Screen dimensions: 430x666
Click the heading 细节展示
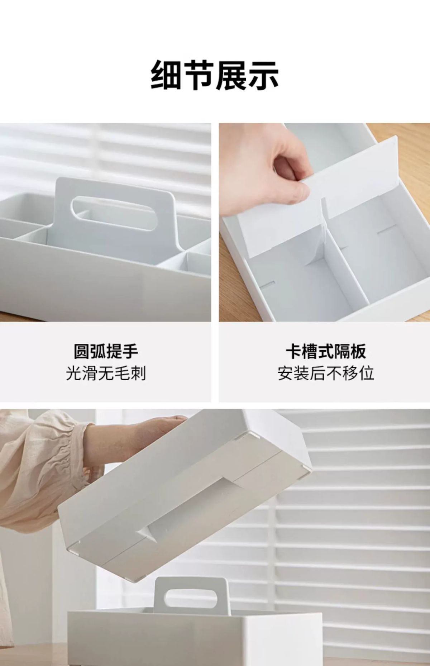pos(215,75)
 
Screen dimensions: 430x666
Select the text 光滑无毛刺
pos(106,373)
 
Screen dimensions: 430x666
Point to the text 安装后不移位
pos(326,373)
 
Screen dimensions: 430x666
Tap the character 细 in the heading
pos(166,75)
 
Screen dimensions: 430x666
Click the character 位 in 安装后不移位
pos(366,373)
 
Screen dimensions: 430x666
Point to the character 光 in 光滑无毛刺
pos(74,373)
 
